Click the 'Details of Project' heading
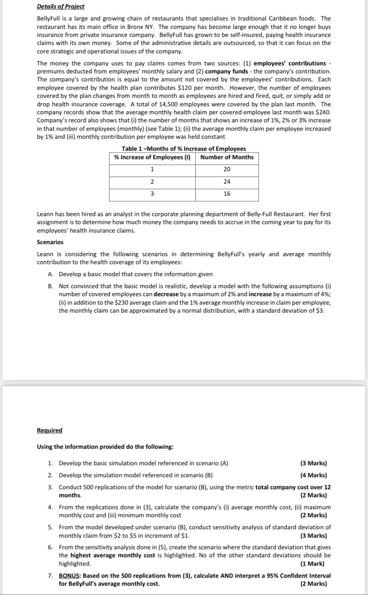(x=60, y=7)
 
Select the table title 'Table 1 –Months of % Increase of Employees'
(x=184, y=149)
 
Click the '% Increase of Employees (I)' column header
(x=152, y=157)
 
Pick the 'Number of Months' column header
(x=227, y=157)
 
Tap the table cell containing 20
(x=227, y=169)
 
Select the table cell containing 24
(x=227, y=181)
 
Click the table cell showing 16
(x=227, y=194)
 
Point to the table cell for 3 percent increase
(x=152, y=194)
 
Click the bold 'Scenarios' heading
(x=50, y=242)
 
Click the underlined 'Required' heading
(x=49, y=430)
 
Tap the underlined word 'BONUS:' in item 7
(x=70, y=575)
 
